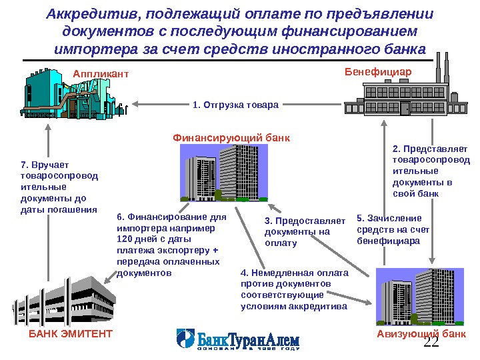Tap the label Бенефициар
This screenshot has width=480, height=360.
(x=378, y=71)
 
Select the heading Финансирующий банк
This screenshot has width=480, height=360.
(x=231, y=138)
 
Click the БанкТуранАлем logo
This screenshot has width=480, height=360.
(x=238, y=339)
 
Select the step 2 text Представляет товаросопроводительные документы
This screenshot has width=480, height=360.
(x=429, y=171)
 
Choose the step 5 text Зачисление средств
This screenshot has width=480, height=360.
(x=389, y=229)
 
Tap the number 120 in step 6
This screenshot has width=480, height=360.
(x=125, y=239)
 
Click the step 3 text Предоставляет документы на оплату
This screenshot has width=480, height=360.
(x=305, y=232)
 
